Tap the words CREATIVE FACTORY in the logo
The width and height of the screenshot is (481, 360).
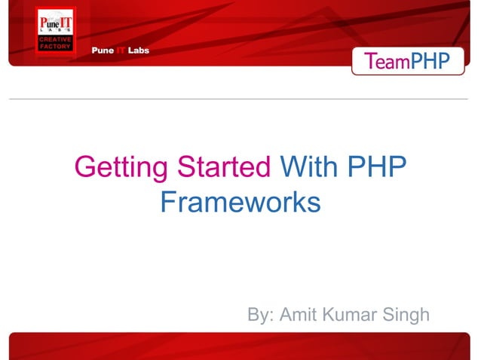tap(55, 43)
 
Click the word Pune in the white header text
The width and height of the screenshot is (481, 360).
tap(102, 50)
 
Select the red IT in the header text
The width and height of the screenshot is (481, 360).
tap(119, 50)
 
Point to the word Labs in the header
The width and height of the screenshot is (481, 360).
tap(137, 50)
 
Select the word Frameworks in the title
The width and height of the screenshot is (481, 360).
tap(240, 202)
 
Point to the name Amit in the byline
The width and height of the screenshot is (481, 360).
tap(299, 314)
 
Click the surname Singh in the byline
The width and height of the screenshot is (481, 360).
tap(405, 314)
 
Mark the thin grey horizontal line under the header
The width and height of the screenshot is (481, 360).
tap(240, 99)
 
